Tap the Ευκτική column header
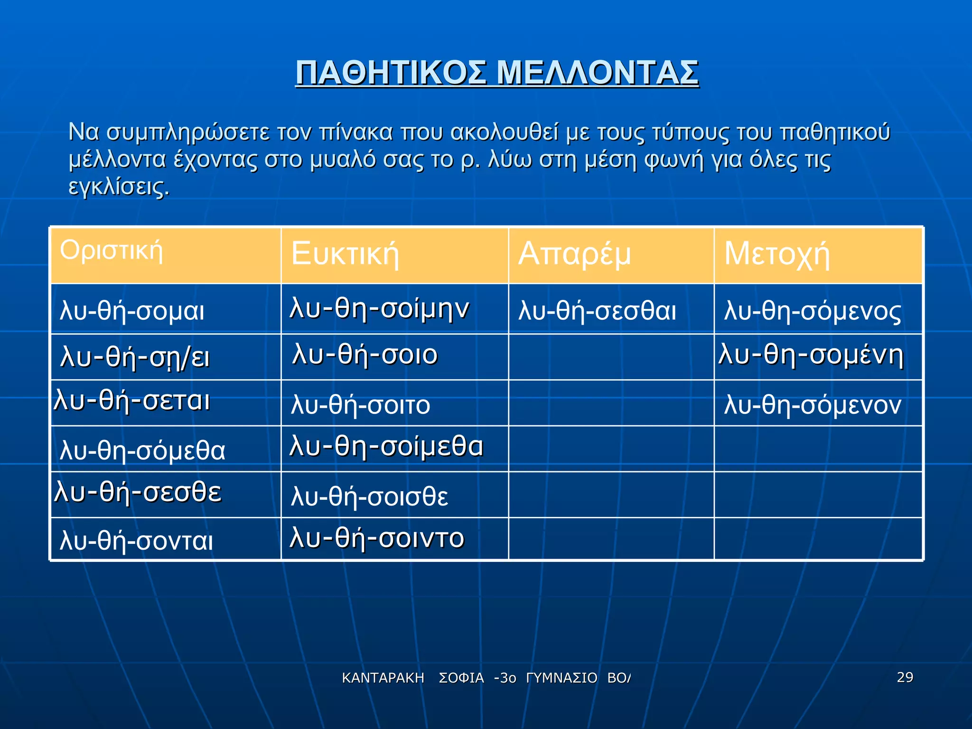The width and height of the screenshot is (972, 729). coord(345,253)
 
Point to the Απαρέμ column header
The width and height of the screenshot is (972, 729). coord(574,253)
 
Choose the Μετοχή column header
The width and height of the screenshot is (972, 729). coord(777,254)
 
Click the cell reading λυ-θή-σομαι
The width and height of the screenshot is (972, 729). coord(132,311)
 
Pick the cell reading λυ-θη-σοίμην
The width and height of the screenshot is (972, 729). coord(380,308)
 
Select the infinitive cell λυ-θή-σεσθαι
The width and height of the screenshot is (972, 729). coord(598,311)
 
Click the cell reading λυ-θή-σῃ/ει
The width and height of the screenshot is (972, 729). coord(135,357)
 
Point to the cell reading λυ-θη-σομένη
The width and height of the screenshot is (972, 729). coord(811,355)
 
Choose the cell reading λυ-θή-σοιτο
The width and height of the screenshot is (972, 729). coord(361,405)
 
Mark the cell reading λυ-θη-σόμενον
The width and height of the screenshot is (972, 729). coord(813,405)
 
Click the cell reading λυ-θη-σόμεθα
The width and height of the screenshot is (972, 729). coord(142,450)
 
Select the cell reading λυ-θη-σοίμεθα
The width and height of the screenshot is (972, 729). coord(386,447)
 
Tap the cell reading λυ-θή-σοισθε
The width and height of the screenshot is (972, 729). coord(370,496)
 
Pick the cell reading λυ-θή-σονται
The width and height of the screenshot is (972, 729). coord(137,541)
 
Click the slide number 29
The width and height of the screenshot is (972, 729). coord(905,677)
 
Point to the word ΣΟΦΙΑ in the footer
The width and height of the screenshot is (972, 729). coord(461,678)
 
